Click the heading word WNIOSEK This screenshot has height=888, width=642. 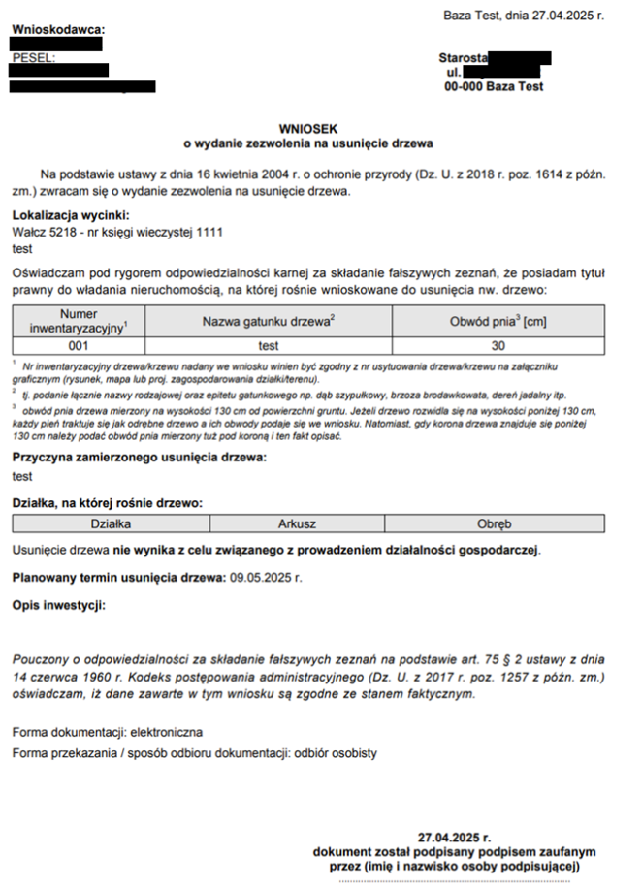point(307,128)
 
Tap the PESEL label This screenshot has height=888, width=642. point(34,58)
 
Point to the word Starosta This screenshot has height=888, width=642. point(464,58)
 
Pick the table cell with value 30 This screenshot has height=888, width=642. point(498,344)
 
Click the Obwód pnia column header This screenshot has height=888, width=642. point(498,321)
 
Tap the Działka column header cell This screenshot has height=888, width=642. point(111,524)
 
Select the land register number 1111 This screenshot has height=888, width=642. point(210,233)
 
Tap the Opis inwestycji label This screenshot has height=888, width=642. point(58,606)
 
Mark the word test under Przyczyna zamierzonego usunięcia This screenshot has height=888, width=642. point(22,476)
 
